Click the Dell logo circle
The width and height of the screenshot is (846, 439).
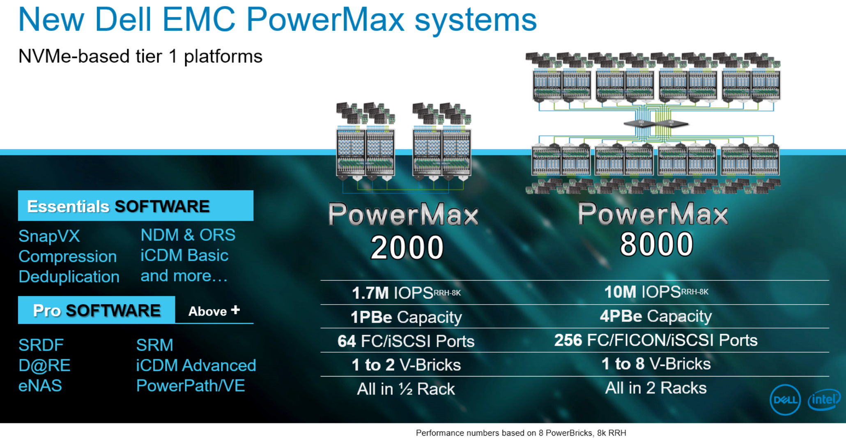[785, 400]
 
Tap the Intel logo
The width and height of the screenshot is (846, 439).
[823, 400]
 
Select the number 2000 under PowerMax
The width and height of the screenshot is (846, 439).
[407, 247]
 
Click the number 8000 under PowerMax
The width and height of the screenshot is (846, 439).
[656, 245]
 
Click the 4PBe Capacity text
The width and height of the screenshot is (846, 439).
[655, 316]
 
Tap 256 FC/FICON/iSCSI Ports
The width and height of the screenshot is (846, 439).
[655, 340]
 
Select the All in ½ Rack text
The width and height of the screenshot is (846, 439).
[406, 389]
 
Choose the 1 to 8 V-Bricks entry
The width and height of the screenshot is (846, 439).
[655, 364]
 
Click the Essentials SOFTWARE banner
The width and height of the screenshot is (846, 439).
[136, 206]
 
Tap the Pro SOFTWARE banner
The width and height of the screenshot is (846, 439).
[97, 310]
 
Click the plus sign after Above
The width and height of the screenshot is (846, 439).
[235, 310]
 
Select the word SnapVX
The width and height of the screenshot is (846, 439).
[49, 236]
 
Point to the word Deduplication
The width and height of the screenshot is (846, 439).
[69, 277]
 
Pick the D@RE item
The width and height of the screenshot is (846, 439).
[44, 365]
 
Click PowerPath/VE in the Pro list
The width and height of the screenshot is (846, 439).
[191, 386]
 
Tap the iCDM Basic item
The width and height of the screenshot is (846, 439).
[184, 256]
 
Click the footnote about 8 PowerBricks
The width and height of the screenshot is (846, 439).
[521, 433]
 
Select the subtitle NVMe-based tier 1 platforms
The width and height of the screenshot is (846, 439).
[140, 56]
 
